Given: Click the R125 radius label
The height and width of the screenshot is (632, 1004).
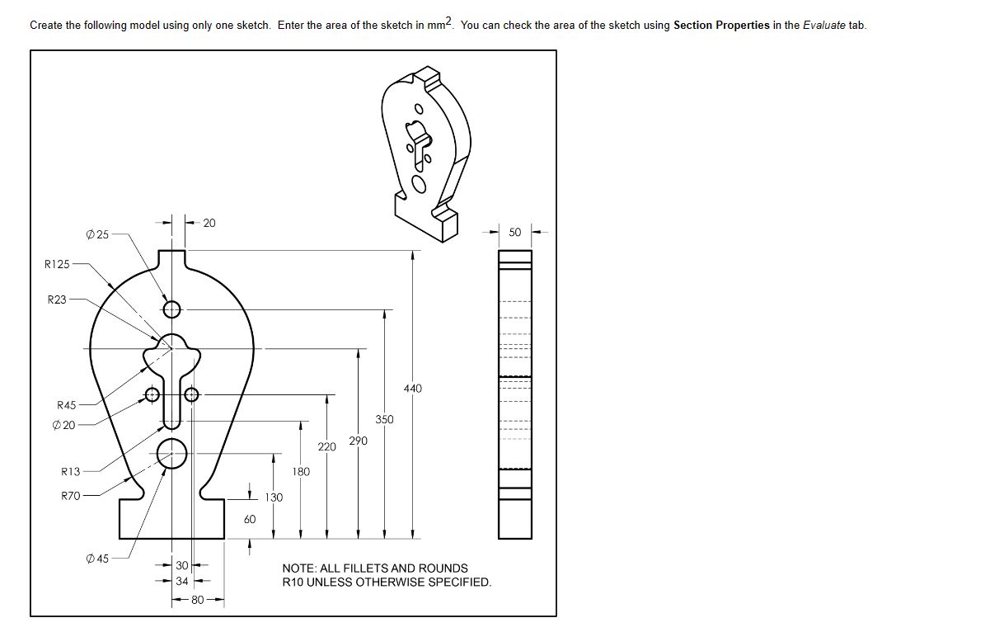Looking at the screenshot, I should click(x=57, y=264).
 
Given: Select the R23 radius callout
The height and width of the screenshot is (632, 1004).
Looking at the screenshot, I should click(x=56, y=299).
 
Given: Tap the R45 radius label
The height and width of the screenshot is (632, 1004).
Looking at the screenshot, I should click(x=66, y=405).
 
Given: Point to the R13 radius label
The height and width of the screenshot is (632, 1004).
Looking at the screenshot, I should click(x=70, y=472).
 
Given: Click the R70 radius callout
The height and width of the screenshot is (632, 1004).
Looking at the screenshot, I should click(x=70, y=496).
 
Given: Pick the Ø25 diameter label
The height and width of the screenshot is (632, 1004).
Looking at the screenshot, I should click(x=96, y=235).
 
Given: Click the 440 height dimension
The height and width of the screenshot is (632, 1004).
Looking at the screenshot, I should click(x=413, y=389).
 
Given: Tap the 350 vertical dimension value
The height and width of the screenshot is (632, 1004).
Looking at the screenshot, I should click(x=384, y=419).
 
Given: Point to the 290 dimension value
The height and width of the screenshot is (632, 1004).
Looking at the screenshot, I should click(x=358, y=441).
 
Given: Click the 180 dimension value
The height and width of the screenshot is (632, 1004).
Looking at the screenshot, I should click(x=301, y=472).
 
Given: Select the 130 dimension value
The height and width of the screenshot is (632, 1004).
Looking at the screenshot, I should click(x=274, y=498).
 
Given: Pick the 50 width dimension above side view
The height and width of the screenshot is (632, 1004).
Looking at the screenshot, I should click(x=514, y=233).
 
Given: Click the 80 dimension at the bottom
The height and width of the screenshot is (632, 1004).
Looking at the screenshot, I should click(x=198, y=600).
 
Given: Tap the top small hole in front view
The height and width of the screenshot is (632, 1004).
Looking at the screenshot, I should click(x=171, y=309).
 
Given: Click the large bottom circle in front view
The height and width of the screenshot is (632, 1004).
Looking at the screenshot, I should click(x=171, y=453).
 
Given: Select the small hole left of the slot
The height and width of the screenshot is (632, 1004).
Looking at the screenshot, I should click(x=152, y=394).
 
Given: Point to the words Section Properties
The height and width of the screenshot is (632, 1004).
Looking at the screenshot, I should click(x=721, y=25).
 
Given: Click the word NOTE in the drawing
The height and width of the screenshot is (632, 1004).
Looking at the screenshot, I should click(x=298, y=568).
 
